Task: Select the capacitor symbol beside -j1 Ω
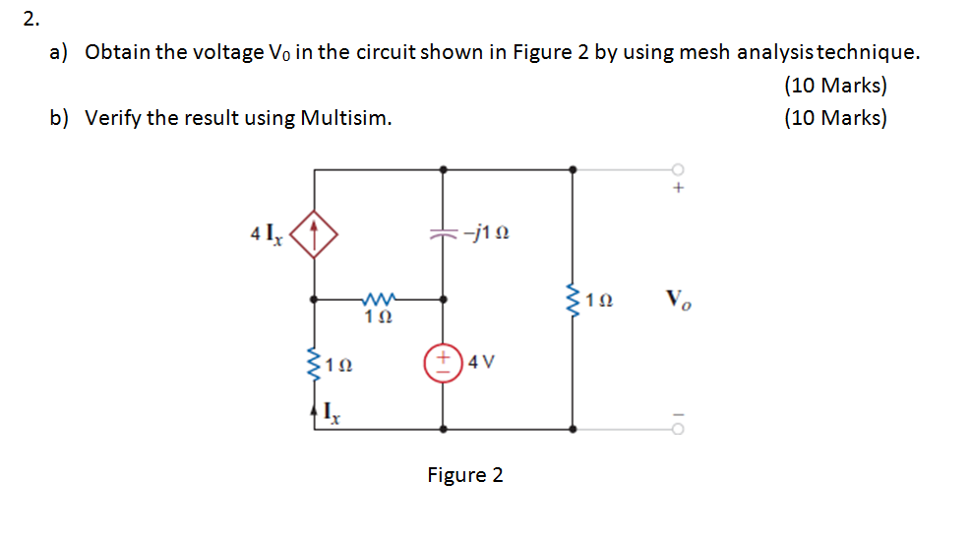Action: tap(443, 234)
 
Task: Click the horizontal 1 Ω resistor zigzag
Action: tap(378, 296)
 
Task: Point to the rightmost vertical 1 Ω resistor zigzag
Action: tap(574, 298)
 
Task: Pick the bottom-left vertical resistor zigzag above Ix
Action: tap(314, 363)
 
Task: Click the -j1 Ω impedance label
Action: tap(489, 234)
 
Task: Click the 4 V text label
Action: tap(482, 361)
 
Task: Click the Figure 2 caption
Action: tap(464, 475)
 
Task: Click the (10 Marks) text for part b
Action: tap(835, 118)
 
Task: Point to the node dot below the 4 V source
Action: tap(443, 429)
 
